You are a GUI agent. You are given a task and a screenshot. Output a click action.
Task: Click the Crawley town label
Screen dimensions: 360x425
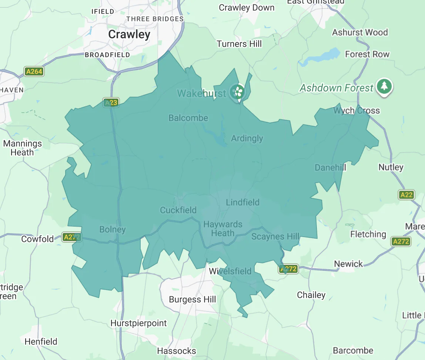pos(129,34)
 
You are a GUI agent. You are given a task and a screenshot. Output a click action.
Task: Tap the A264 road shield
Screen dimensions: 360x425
pos(34,71)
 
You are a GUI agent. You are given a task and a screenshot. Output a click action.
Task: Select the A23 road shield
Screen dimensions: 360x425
pos(111,103)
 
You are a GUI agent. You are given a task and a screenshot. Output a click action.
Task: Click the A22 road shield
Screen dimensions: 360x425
pos(406,195)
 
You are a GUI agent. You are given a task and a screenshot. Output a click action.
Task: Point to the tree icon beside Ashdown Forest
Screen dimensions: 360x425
pos(384,87)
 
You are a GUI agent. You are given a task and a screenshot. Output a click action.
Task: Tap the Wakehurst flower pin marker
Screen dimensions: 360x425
pos(237,91)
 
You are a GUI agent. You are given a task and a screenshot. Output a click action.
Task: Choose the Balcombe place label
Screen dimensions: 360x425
pos(188,118)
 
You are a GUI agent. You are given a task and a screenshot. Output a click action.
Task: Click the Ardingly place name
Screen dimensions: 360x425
pos(247,139)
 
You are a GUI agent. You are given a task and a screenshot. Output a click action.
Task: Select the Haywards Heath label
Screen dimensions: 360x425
pos(223,229)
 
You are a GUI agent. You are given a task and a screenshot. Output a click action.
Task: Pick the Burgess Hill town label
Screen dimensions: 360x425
pos(192,299)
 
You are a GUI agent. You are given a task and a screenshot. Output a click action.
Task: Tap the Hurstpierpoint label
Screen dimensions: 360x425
pos(139,323)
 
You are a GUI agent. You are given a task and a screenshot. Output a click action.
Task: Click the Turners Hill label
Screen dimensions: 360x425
pos(239,44)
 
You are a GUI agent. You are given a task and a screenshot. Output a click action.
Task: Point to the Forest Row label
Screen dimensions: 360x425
pos(367,54)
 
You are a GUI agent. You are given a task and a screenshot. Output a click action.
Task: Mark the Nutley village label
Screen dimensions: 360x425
pos(391,167)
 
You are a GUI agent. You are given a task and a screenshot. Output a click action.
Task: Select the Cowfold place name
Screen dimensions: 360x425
pos(37,239)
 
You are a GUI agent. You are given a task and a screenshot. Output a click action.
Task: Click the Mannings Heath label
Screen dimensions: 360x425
pos(23,148)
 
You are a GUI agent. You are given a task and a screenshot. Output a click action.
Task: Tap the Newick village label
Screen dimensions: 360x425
pos(348,264)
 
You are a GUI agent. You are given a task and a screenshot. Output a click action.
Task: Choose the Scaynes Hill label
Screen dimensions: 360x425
pos(275,236)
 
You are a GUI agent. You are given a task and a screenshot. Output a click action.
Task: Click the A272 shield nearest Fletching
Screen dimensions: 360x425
pos(401,241)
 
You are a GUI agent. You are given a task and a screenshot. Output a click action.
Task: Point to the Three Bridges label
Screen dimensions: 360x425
pos(155,19)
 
